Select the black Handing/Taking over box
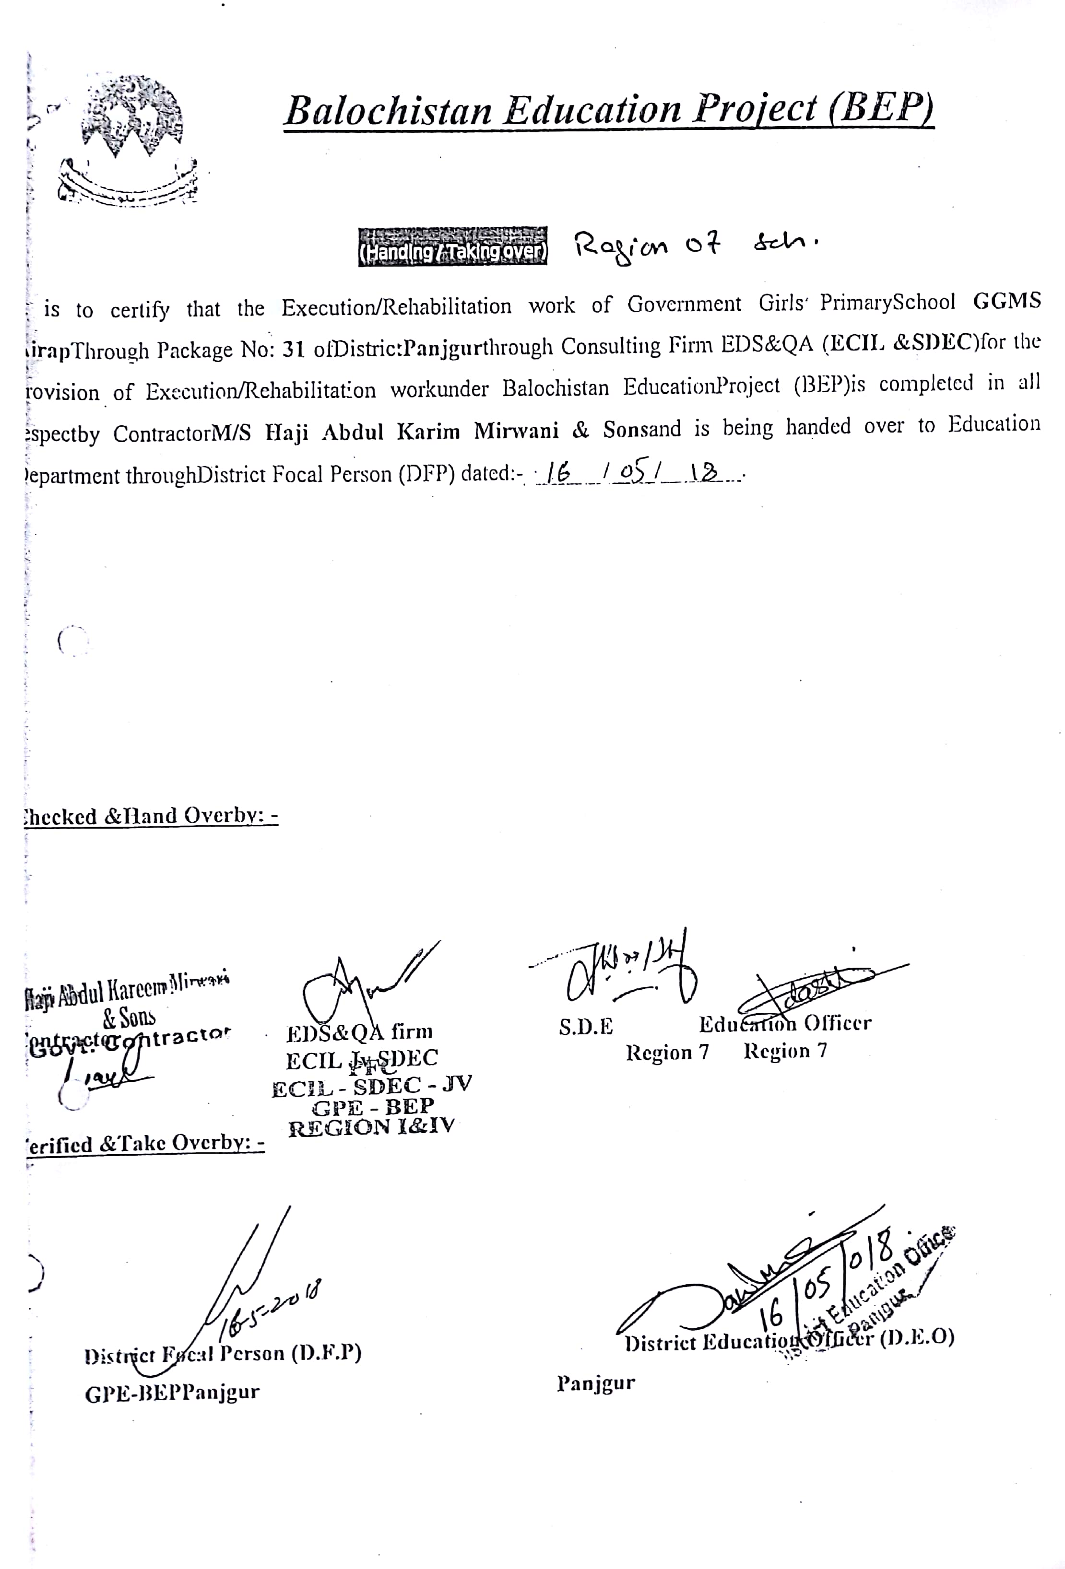(452, 247)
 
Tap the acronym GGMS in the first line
(1006, 301)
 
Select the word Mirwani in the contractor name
(516, 431)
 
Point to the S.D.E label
(586, 1027)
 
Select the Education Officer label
(785, 1024)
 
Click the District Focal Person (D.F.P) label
(223, 1354)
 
